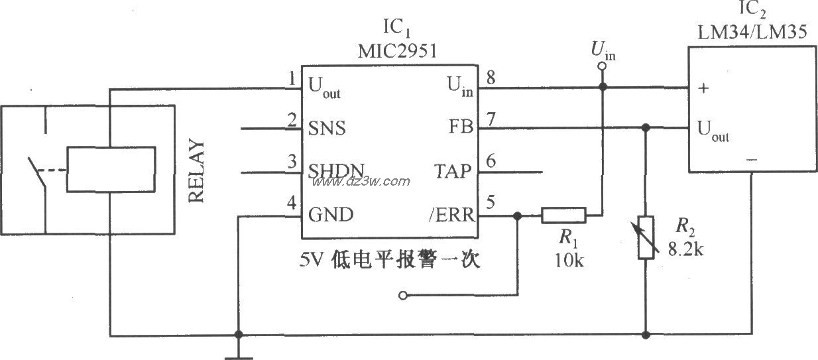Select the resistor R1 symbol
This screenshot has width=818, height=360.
[x=563, y=215]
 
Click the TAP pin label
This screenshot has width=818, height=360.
[x=453, y=171]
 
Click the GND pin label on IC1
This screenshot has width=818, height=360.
[x=331, y=215]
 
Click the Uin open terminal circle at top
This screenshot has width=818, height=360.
[x=602, y=66]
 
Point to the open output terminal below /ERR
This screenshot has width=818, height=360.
[x=402, y=296]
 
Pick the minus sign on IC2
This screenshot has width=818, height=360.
[x=751, y=159]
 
